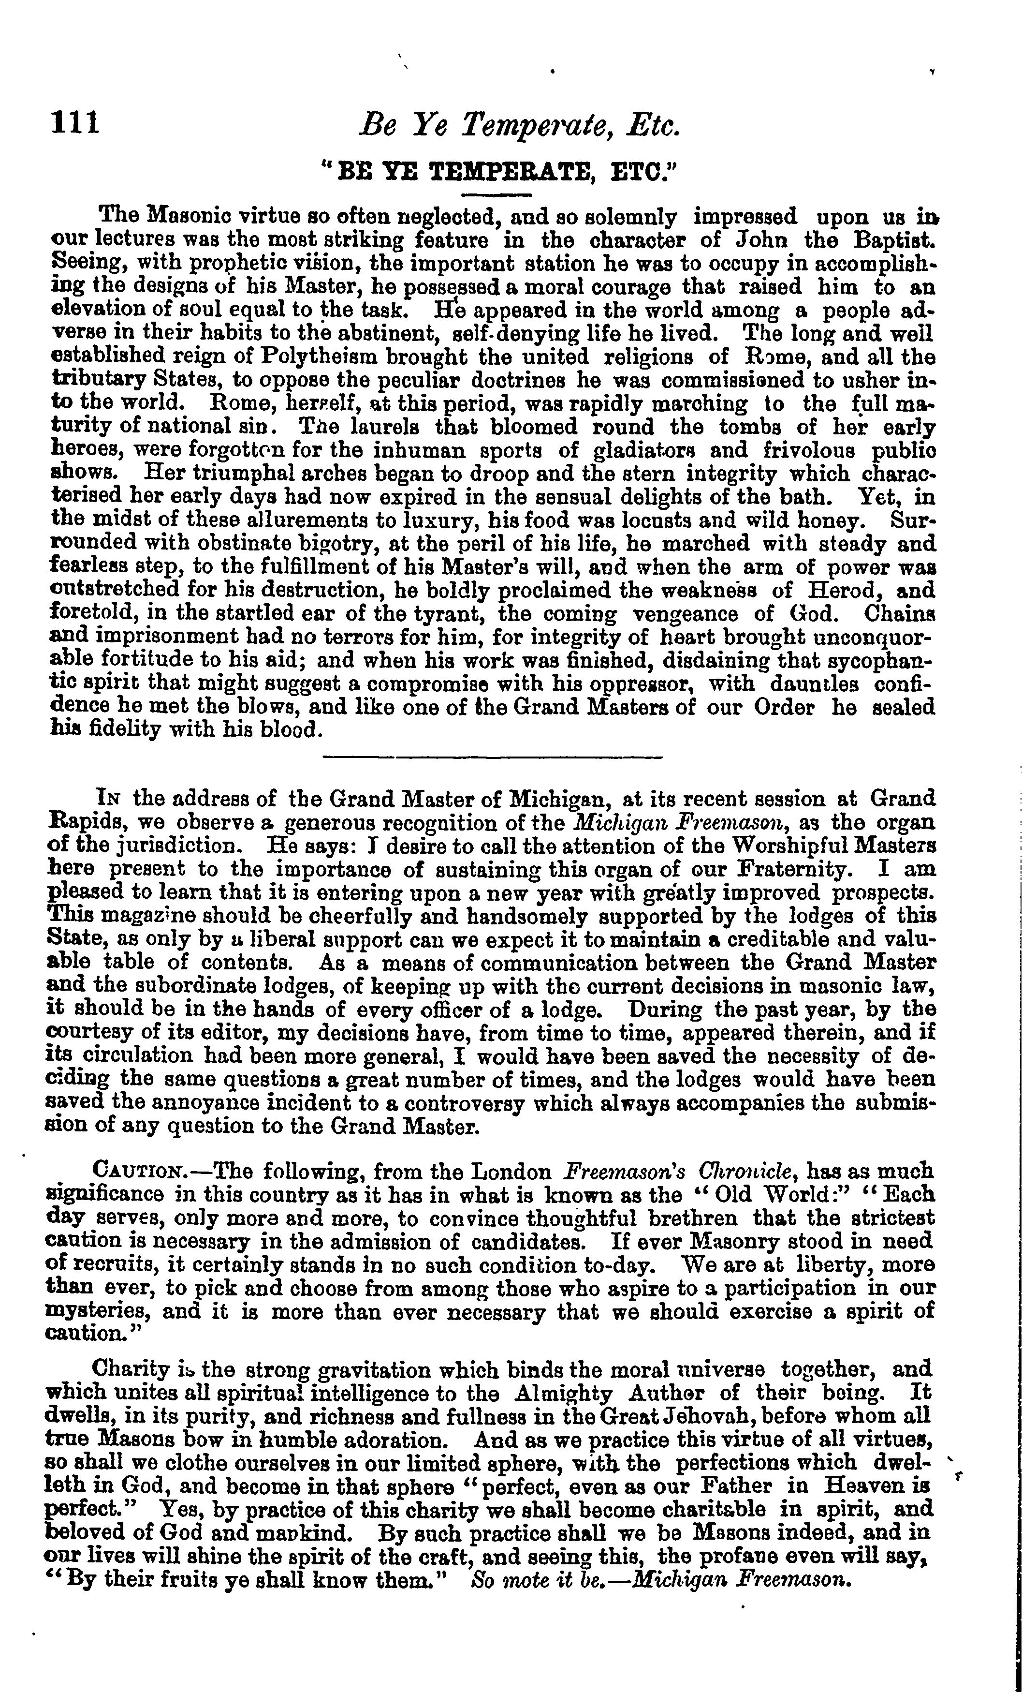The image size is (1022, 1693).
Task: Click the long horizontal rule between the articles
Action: pos(492,757)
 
